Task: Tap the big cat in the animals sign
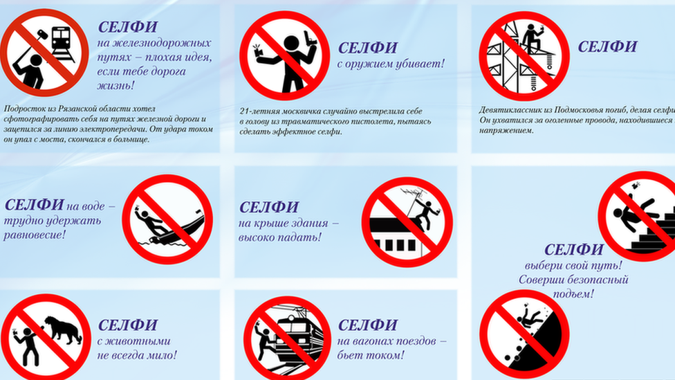pyautogui.click(x=63, y=329)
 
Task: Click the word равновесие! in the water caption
pyautogui.click(x=35, y=235)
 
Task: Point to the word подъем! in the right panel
pyautogui.click(x=573, y=294)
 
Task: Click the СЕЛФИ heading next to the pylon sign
pyautogui.click(x=607, y=46)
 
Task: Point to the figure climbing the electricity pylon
pyautogui.click(x=532, y=39)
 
